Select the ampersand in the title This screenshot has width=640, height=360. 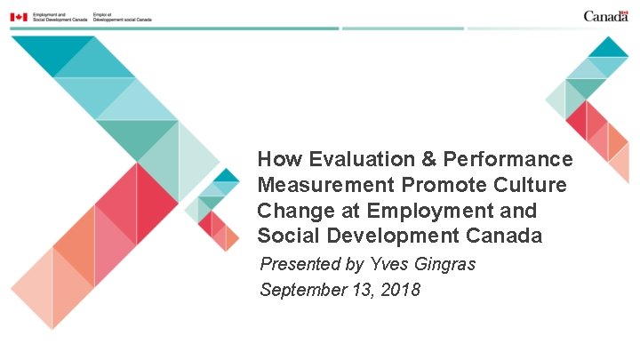(x=428, y=160)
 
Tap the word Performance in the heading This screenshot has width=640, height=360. (x=508, y=160)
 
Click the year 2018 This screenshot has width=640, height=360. (x=401, y=290)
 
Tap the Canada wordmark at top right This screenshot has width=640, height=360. (x=606, y=16)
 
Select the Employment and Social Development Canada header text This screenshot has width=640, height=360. (x=56, y=17)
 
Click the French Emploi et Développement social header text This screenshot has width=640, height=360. (x=122, y=17)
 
